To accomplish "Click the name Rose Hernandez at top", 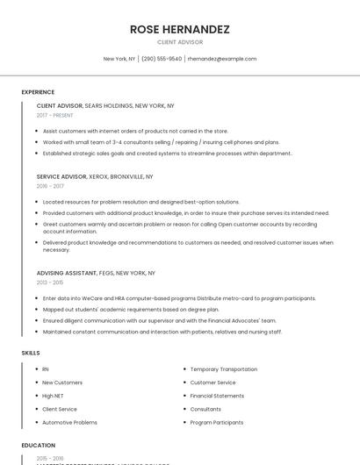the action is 180,29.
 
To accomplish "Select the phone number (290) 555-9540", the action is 162,59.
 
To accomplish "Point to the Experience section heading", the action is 38,92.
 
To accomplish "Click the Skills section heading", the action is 31,353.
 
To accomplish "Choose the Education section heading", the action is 38,445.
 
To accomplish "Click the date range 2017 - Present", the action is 54,115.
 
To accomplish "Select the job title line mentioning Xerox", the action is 95,176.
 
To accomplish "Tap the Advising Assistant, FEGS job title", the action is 96,273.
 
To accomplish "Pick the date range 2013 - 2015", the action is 50,283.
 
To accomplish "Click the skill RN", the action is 46,369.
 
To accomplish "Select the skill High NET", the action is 54,396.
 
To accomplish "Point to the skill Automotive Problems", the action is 69,422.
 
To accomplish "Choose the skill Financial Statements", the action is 217,396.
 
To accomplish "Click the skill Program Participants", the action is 217,422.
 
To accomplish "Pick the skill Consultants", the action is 205,409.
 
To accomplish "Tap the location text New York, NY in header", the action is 119,59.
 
